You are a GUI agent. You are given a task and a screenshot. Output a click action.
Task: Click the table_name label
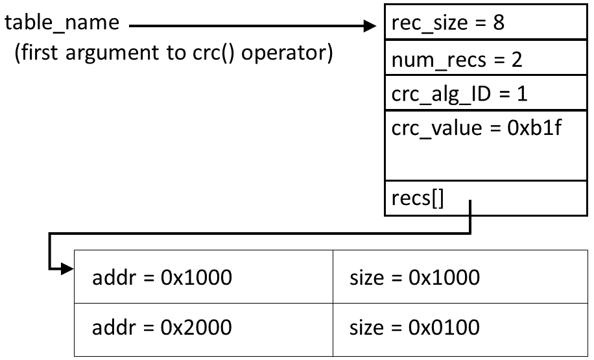pos(63,23)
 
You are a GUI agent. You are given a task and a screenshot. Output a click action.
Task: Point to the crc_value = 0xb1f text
pos(476,128)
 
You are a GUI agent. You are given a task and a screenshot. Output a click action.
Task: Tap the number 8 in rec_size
pos(498,23)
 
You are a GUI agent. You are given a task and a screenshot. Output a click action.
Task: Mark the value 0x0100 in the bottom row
pos(444,327)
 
